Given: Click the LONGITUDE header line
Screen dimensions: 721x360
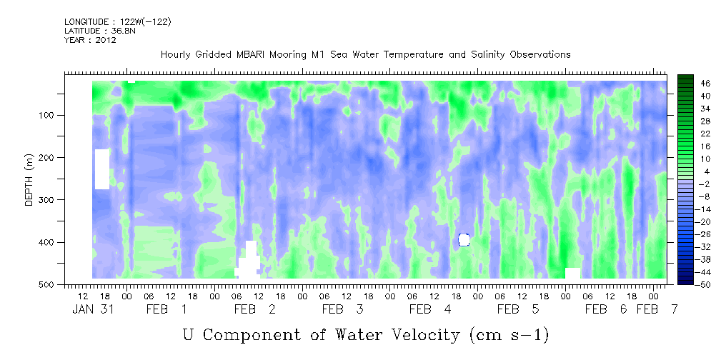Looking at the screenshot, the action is coord(118,21).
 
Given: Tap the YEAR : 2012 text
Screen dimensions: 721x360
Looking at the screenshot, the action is coord(90,40).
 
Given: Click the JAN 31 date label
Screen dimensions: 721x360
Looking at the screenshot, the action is coord(93,309).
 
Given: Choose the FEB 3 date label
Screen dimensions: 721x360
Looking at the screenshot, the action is coord(342,309).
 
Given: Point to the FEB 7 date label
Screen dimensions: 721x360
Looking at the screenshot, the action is coord(657,309).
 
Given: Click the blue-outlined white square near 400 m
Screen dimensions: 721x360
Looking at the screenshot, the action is coord(464,239).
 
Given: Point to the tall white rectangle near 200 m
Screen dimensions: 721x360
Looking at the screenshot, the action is coord(102,169).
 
